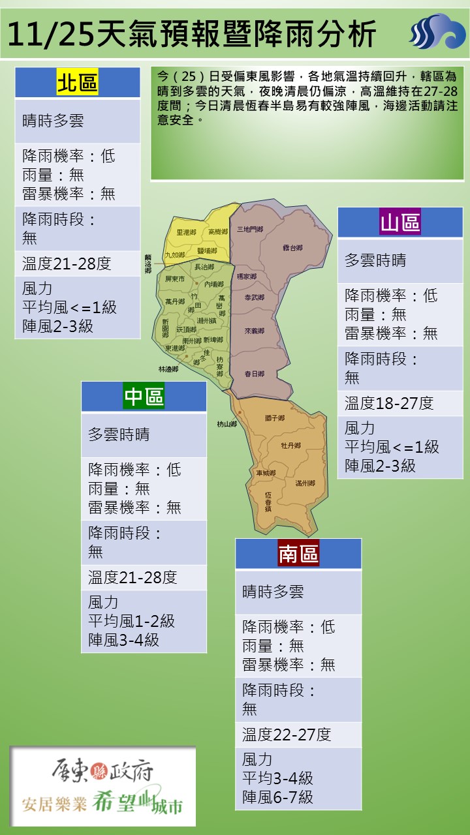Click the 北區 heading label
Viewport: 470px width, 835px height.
(78, 83)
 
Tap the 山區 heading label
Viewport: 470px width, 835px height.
(400, 222)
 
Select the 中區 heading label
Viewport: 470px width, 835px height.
(144, 396)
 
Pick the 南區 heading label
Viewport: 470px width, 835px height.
(298, 553)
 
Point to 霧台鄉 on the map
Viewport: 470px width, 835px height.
(292, 248)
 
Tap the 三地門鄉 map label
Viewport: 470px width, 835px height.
(250, 230)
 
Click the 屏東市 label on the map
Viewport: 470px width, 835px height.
(175, 279)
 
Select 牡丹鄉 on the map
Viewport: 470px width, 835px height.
(290, 446)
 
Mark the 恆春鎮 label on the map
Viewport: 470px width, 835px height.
(268, 501)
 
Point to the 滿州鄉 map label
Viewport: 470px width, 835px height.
(305, 483)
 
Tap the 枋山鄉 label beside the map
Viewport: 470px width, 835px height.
(227, 424)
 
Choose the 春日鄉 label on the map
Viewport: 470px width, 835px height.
(254, 374)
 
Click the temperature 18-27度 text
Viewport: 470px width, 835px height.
(389, 403)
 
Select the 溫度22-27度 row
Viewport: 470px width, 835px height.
(287, 735)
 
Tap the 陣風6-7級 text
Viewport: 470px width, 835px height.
(277, 797)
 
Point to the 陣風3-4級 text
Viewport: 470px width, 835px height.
(123, 640)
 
